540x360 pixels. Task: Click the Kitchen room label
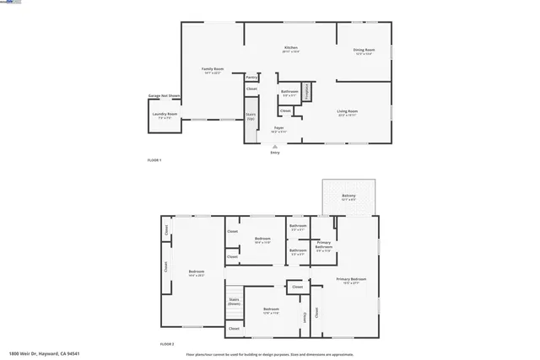290,48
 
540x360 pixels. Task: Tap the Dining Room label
364,50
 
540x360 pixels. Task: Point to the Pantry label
251,77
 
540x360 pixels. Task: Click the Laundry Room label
165,114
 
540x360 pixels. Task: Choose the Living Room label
348,111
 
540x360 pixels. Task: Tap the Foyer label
278,127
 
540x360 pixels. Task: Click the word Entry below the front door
275,152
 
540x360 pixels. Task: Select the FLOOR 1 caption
154,160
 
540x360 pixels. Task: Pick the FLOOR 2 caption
167,344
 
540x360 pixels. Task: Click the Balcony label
348,196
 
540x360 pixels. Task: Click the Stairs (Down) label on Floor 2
234,301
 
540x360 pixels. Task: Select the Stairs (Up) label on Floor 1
251,115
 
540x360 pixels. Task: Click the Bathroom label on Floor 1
289,91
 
